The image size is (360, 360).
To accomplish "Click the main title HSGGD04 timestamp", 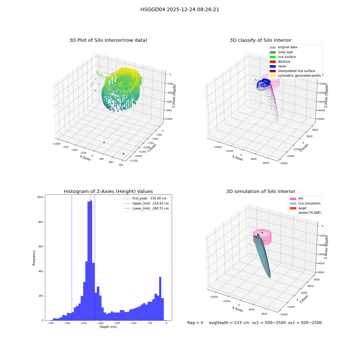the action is pos(180,9).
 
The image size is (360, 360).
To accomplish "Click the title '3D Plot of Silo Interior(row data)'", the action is pos(108,40).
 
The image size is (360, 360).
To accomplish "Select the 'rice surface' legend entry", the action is pos(283,57).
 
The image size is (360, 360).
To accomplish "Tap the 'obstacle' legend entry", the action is pos(280,62).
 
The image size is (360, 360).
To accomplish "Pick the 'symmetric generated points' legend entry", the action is pos(295,76).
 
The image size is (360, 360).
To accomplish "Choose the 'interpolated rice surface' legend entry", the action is pos(292,71).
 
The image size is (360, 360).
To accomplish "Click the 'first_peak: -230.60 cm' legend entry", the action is pos(145,198).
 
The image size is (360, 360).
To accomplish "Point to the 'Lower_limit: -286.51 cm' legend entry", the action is pos(147,208).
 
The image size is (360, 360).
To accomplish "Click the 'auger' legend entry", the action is pos(298,208).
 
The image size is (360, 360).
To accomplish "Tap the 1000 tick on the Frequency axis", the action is pos(40,197).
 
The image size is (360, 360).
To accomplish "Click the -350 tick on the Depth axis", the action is pos(51,323).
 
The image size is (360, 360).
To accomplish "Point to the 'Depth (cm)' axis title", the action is pos(108,327).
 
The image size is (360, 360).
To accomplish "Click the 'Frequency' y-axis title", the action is pos(34,258).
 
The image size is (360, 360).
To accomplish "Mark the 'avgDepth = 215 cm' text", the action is pos(229,323).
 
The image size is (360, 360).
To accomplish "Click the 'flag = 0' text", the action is pos(195,323).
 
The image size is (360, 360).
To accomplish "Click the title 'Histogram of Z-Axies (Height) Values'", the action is pos(108,192).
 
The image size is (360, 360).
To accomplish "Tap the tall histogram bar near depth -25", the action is pos(160,298).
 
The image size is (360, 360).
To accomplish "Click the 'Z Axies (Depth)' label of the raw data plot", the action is pos(174,96).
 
